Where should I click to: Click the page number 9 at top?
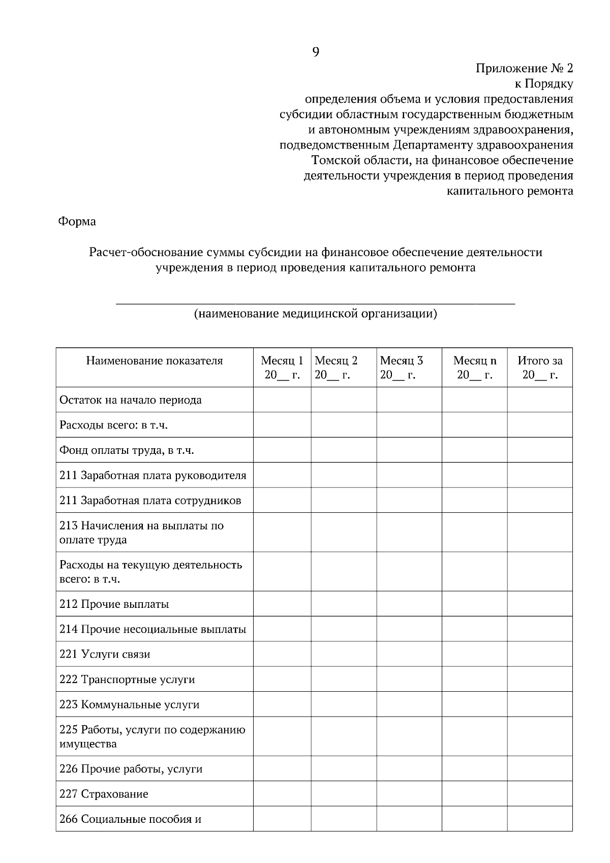pos(315,52)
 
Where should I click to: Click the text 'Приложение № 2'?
pos(524,68)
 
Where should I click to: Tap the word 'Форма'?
pos(77,222)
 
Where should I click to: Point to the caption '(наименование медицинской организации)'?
pos(315,314)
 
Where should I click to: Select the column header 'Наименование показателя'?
pos(155,361)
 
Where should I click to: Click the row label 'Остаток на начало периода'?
pos(131,400)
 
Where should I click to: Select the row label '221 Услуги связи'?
pos(105,654)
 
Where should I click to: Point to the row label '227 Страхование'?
pos(104,794)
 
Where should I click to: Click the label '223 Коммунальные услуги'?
pos(129,705)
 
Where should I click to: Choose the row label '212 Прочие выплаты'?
pos(114,604)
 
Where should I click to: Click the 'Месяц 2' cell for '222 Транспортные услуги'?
pos(344,679)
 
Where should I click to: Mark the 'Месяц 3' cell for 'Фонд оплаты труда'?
pos(409,450)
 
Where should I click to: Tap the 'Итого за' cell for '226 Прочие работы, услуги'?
pos(540,768)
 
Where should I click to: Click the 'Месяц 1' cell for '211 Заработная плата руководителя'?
pos(282,475)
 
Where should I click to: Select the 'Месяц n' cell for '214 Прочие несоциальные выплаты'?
pos(475,629)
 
